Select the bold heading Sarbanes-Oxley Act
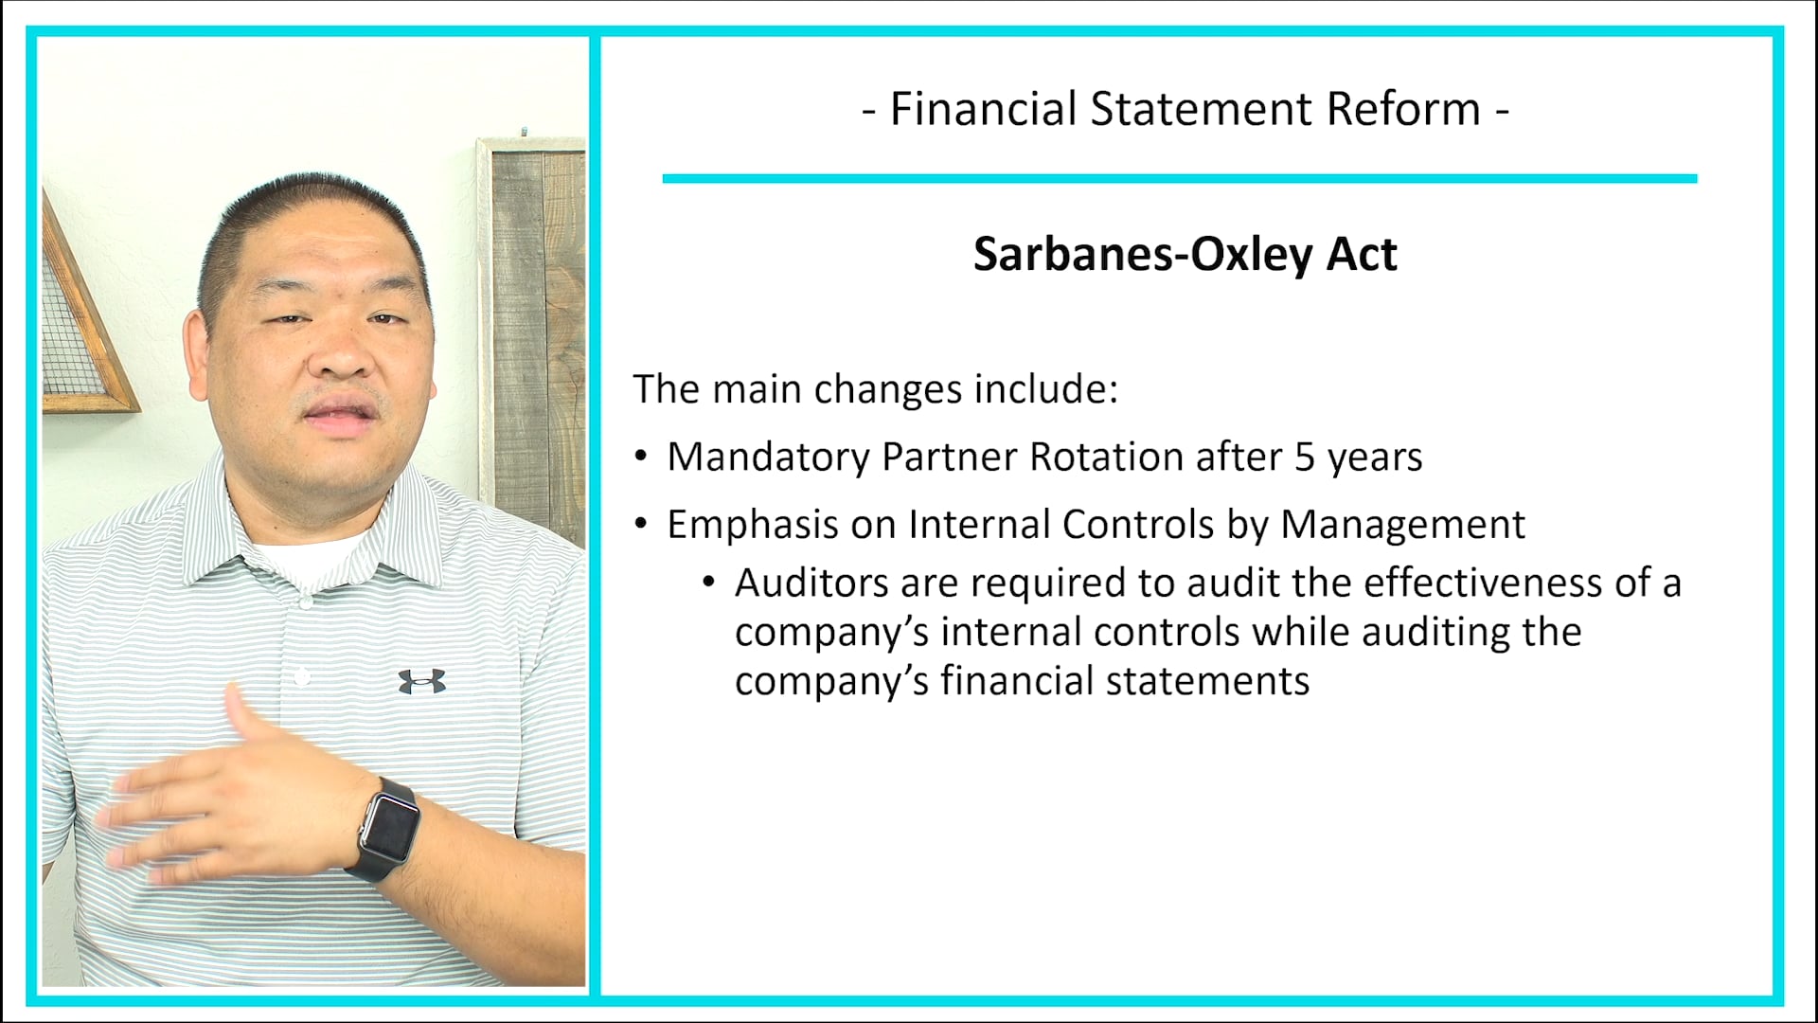point(1185,254)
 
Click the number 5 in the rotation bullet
point(1305,458)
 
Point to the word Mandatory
point(768,458)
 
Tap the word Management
point(1402,525)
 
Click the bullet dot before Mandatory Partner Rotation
point(641,458)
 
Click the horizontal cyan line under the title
point(1179,178)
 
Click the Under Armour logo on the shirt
point(421,681)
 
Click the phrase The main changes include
point(875,389)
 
